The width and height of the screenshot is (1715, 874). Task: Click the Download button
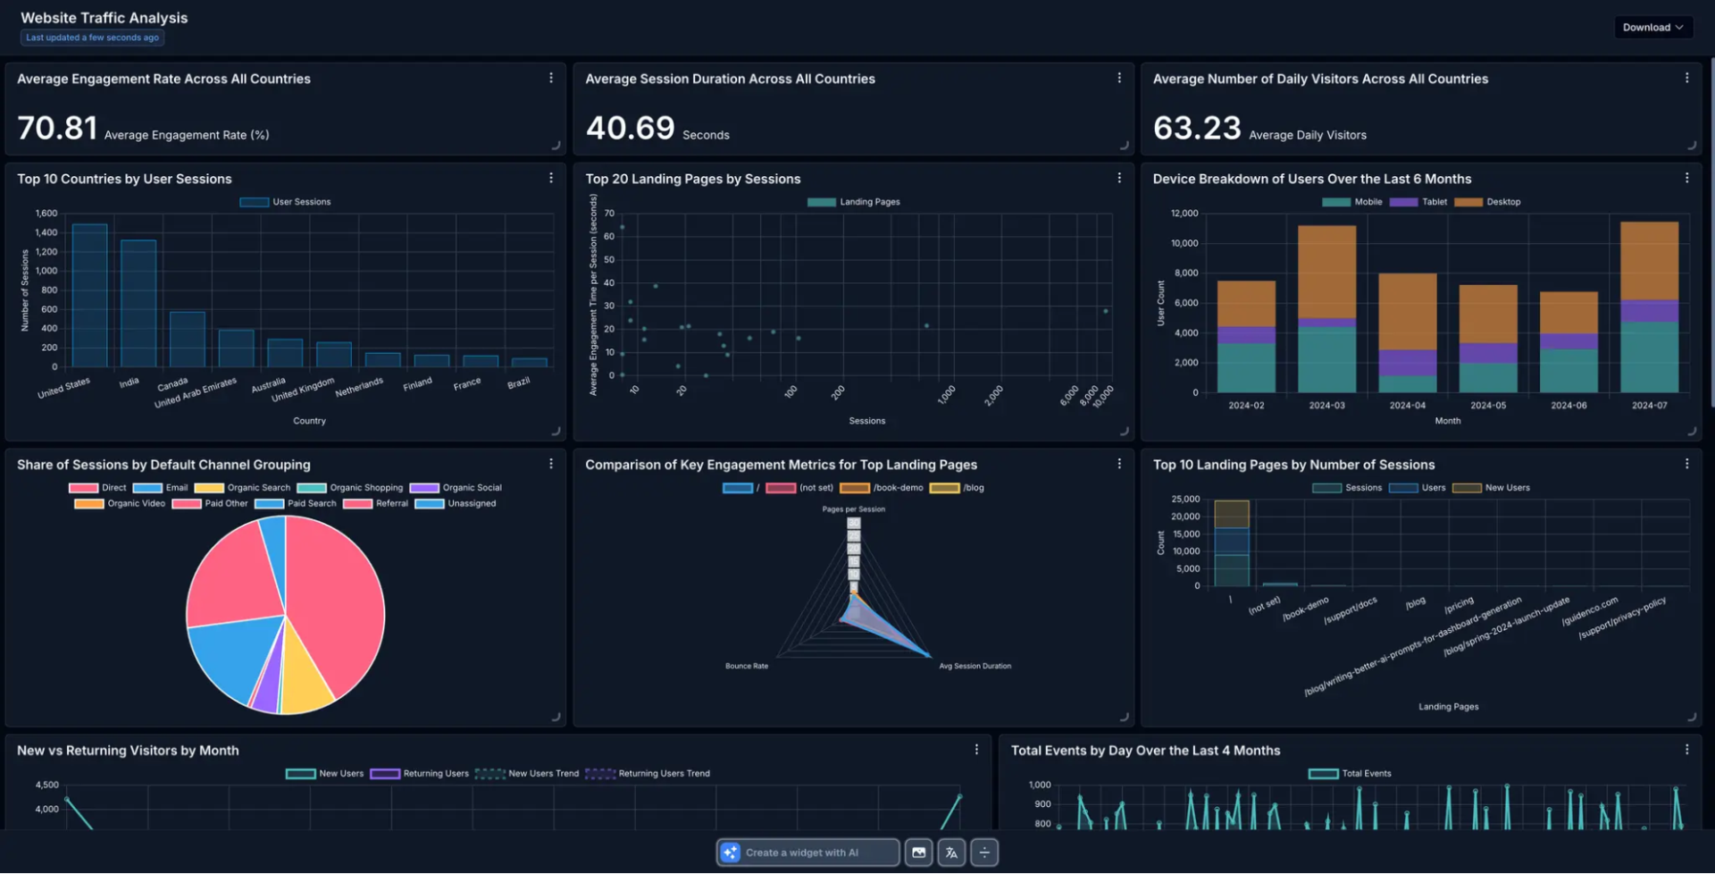[1652, 28]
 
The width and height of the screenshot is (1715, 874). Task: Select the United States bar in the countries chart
[89, 296]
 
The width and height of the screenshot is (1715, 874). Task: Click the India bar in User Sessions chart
[138, 304]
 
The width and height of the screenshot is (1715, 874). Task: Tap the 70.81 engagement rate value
[57, 128]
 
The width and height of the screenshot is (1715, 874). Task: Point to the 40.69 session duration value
[630, 128]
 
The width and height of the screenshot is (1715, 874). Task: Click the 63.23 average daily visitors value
[1197, 128]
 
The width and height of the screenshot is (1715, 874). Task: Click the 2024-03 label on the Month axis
[1326, 406]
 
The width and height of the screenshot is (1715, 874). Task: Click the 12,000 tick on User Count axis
[1184, 214]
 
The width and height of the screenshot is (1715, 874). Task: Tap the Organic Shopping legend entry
[351, 488]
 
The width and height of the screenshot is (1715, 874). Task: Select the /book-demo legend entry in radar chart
[883, 488]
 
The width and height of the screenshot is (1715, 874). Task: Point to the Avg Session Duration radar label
[975, 667]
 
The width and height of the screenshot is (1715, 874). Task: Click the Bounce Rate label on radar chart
[746, 667]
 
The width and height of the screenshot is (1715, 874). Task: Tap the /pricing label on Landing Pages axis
[1459, 605]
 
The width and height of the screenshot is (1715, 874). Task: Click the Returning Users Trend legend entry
[648, 774]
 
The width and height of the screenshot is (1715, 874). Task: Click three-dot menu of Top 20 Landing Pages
[1118, 179]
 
